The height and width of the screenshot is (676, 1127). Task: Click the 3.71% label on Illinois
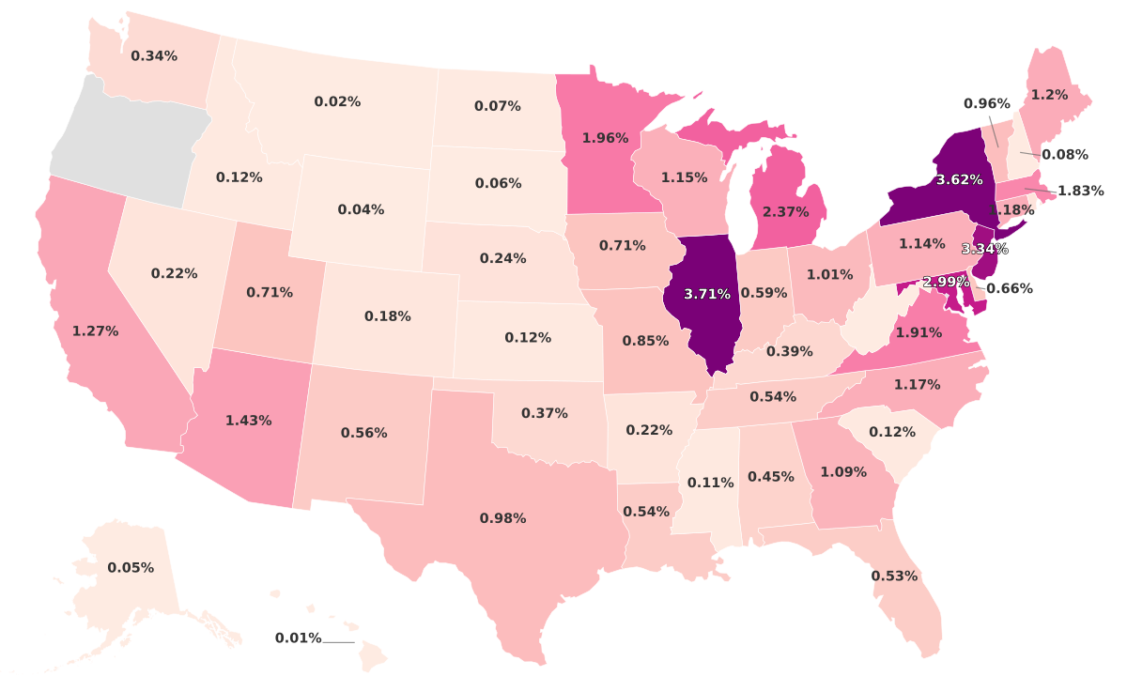point(707,294)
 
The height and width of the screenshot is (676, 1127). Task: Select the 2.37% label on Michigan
point(785,212)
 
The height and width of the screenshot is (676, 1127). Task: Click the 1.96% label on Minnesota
point(605,138)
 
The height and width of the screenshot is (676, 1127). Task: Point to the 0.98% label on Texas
point(502,518)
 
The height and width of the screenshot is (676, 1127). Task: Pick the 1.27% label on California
point(95,331)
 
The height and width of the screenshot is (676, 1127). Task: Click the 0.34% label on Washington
point(154,56)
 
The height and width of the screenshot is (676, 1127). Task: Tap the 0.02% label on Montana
point(337,101)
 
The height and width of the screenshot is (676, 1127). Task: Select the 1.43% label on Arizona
point(248,421)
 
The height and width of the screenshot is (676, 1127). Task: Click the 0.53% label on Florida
point(894,576)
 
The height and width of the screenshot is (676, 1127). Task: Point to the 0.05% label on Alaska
point(131,568)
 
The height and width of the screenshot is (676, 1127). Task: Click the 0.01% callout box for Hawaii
point(299,638)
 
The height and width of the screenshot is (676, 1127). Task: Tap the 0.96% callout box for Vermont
point(987,103)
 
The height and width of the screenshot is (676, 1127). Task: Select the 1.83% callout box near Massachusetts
point(1080,192)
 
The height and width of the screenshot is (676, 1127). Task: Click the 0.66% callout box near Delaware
point(1010,288)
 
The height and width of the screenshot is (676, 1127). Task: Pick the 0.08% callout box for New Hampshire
point(1065,154)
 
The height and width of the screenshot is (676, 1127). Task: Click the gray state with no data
point(122,146)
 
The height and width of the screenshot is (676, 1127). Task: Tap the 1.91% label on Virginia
point(919,332)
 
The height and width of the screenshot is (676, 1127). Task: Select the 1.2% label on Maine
point(1049,95)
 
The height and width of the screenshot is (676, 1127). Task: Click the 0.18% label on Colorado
point(388,316)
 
